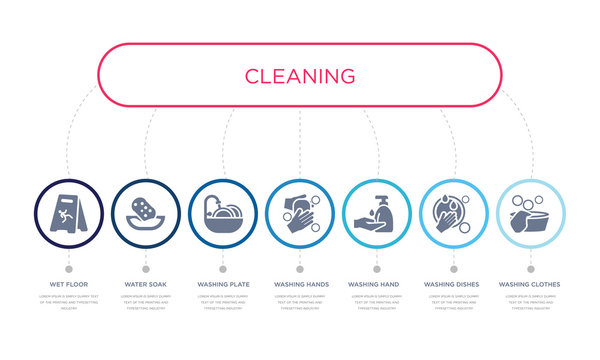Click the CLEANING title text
299,75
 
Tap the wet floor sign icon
69,213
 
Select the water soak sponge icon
146,213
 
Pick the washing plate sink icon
223,213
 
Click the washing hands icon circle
300,213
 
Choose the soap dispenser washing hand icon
377,213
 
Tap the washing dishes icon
453,213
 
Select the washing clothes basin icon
530,213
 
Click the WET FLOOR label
69,285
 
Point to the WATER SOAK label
146,285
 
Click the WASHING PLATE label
223,285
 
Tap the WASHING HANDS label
300,285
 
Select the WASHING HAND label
377,285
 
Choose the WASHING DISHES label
453,285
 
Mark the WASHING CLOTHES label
530,285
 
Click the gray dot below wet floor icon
69,268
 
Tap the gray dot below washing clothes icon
530,268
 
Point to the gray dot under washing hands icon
300,268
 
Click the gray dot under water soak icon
146,268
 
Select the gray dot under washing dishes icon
453,268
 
